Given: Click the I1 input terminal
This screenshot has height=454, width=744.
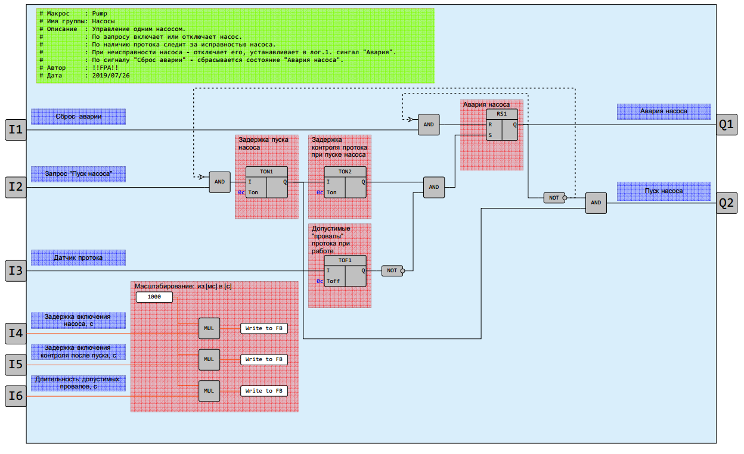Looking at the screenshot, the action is (x=16, y=130).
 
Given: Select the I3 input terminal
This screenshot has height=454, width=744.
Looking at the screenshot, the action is (x=16, y=271).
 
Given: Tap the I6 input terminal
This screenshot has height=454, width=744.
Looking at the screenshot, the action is (x=16, y=396).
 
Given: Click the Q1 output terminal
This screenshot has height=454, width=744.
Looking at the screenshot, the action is (x=726, y=125).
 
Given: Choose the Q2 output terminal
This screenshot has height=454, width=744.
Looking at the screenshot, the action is (x=726, y=203).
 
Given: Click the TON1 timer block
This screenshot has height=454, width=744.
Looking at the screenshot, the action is (x=266, y=182).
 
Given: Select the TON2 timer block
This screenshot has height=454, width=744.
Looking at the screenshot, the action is (x=345, y=182).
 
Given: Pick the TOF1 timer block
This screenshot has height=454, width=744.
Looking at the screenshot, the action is (x=345, y=271).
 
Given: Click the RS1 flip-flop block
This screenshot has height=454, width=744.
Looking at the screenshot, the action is (x=502, y=125).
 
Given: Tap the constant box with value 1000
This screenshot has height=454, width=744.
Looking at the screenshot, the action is (x=154, y=297).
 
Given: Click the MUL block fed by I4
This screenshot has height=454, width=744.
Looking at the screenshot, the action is (x=209, y=328).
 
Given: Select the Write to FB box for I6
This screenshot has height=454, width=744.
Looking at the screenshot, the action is (x=264, y=391).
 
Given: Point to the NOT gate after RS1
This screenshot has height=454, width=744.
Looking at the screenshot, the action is (x=554, y=198).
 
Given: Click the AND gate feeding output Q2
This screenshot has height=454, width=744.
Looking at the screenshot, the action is (x=596, y=203).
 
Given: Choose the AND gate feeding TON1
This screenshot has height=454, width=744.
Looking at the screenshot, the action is (x=219, y=182).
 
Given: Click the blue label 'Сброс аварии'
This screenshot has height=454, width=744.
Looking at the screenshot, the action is (x=78, y=117).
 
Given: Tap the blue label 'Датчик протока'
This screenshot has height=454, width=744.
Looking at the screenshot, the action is (x=78, y=258).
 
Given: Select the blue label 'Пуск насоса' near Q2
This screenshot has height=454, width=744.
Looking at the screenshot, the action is (x=664, y=191).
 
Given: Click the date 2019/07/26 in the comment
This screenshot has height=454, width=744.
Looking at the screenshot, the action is (x=111, y=76).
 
